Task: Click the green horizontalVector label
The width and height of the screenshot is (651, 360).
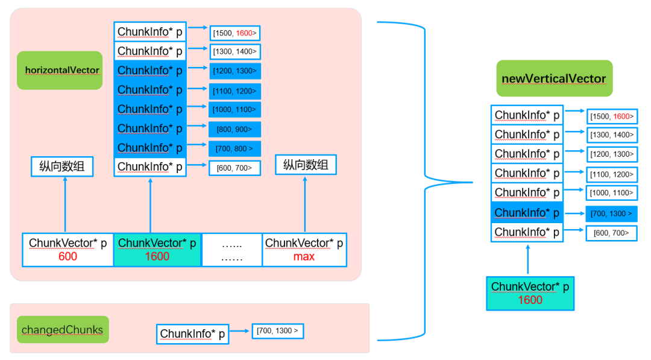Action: click(60, 71)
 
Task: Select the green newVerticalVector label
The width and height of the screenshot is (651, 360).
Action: click(554, 78)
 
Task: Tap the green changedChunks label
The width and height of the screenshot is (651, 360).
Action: click(62, 330)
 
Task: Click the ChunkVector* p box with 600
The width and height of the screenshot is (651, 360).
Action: click(68, 250)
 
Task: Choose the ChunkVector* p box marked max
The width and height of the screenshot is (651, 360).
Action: click(304, 250)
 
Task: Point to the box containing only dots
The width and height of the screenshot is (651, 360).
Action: click(231, 250)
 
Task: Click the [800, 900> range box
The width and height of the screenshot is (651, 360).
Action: click(235, 129)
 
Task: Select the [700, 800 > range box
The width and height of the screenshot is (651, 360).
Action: click(235, 148)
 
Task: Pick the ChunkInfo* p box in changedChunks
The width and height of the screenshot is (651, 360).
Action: click(192, 334)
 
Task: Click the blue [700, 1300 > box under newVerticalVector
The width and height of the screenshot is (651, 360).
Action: click(611, 213)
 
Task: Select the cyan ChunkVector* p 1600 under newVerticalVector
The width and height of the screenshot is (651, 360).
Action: click(530, 293)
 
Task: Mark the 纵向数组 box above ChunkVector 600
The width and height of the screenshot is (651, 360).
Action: click(62, 166)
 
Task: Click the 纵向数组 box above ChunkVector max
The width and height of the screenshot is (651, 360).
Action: click(306, 165)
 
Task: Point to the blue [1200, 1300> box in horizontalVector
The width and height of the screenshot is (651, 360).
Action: click(235, 71)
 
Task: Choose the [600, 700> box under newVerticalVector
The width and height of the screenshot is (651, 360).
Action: click(611, 233)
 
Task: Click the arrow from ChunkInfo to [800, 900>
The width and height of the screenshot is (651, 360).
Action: click(197, 128)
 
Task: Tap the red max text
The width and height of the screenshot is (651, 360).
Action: click(304, 257)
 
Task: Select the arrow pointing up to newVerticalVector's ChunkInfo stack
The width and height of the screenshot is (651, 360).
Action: click(527, 259)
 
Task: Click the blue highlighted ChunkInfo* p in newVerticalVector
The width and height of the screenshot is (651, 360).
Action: click(527, 213)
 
